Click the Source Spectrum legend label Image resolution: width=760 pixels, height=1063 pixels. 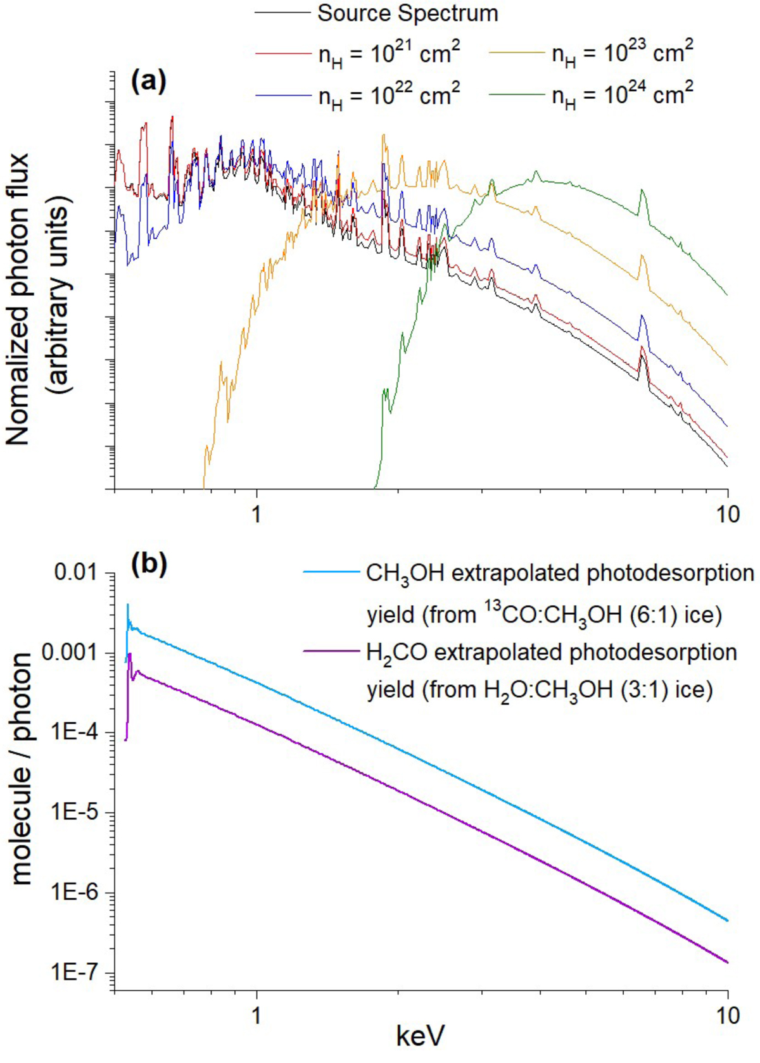click(407, 13)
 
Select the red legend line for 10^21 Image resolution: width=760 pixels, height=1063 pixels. click(282, 54)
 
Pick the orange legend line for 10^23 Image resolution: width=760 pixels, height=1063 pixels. click(516, 54)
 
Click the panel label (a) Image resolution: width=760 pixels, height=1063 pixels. click(148, 81)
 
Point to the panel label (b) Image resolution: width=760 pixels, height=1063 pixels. click(148, 564)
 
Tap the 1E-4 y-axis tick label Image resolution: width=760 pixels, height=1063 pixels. click(76, 733)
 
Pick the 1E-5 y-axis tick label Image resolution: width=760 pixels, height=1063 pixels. click(76, 813)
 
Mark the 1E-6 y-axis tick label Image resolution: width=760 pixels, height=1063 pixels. click(76, 893)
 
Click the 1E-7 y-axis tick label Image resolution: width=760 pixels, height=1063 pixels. click(76, 973)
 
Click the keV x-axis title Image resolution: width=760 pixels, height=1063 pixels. click(420, 1036)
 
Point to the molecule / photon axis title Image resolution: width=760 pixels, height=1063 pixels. click(22, 769)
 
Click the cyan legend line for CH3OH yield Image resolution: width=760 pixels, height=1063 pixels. click(331, 573)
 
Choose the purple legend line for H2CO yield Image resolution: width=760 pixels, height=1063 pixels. click(331, 651)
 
